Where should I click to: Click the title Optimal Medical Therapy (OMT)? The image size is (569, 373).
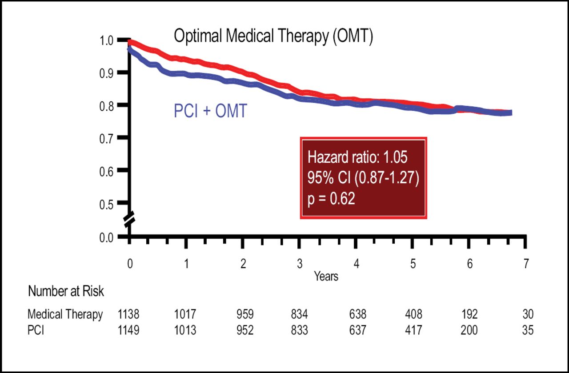(273, 36)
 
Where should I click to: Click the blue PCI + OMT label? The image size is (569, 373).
(210, 112)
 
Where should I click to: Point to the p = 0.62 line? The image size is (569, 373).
(331, 199)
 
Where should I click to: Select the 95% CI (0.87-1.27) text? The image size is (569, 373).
(363, 178)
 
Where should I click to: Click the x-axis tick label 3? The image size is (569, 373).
(300, 264)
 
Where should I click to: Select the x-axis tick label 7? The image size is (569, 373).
(526, 264)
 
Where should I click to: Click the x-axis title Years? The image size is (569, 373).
(326, 276)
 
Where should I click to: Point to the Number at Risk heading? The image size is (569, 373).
(66, 292)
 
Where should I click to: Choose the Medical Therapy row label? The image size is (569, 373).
(65, 315)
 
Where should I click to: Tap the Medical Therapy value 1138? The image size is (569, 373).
(128, 315)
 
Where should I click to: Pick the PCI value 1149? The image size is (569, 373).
(128, 331)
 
